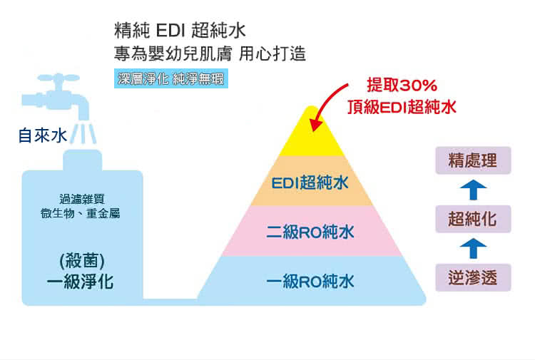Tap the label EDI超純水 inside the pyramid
pos(310,182)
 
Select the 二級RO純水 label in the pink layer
pos(310,232)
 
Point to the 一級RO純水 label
pos(310,282)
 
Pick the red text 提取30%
pos(402,86)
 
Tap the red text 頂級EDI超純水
pos(402,107)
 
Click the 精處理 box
pos(473,160)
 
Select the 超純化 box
pos(473,219)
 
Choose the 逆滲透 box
pos(473,278)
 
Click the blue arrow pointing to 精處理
pos(473,190)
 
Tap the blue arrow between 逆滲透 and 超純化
pos(473,248)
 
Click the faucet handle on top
pos(58,78)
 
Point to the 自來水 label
pos(43,135)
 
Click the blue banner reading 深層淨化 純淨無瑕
pos(171,78)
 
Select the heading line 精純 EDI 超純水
pos(180,31)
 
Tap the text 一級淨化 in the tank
pos(81,282)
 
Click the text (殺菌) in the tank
pos(82,261)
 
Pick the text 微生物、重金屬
pos(80,214)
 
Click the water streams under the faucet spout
pos(83,134)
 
